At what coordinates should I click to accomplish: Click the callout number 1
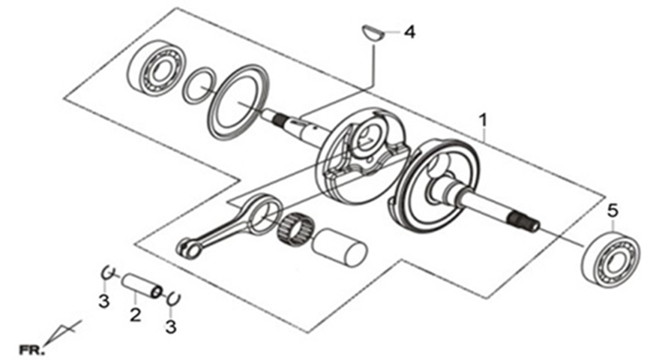(x=482, y=120)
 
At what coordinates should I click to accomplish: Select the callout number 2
(x=135, y=315)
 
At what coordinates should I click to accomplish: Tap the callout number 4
(x=409, y=32)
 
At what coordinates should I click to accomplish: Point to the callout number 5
(x=613, y=211)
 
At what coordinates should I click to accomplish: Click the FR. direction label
(x=31, y=350)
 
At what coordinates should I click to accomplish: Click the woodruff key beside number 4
(x=373, y=33)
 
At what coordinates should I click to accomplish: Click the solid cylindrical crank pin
(x=339, y=247)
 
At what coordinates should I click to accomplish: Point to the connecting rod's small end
(x=189, y=249)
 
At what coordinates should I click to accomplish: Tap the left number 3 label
(x=103, y=301)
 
